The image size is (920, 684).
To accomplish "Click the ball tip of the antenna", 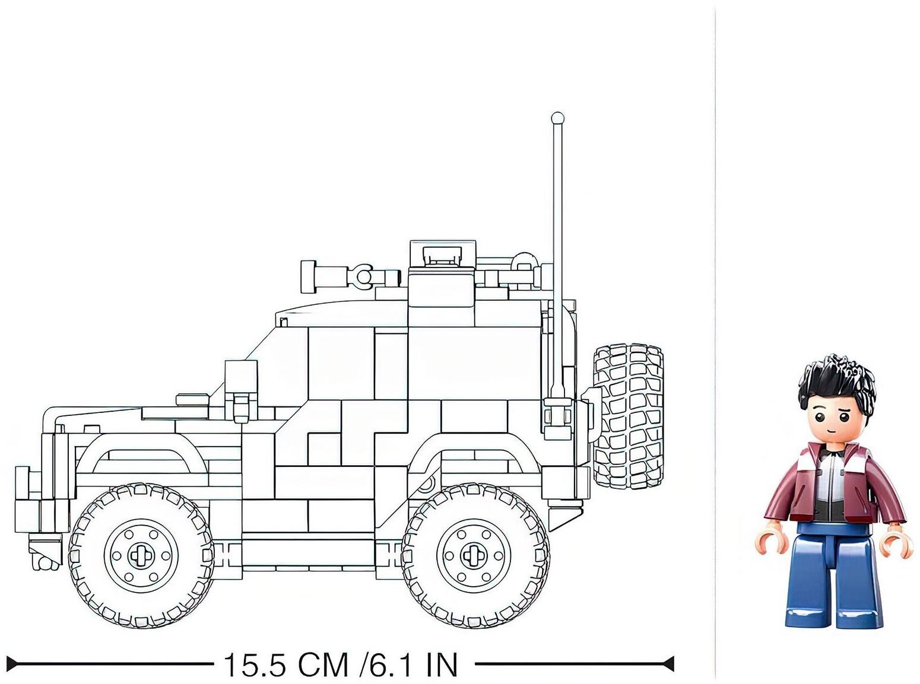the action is click(557, 117).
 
